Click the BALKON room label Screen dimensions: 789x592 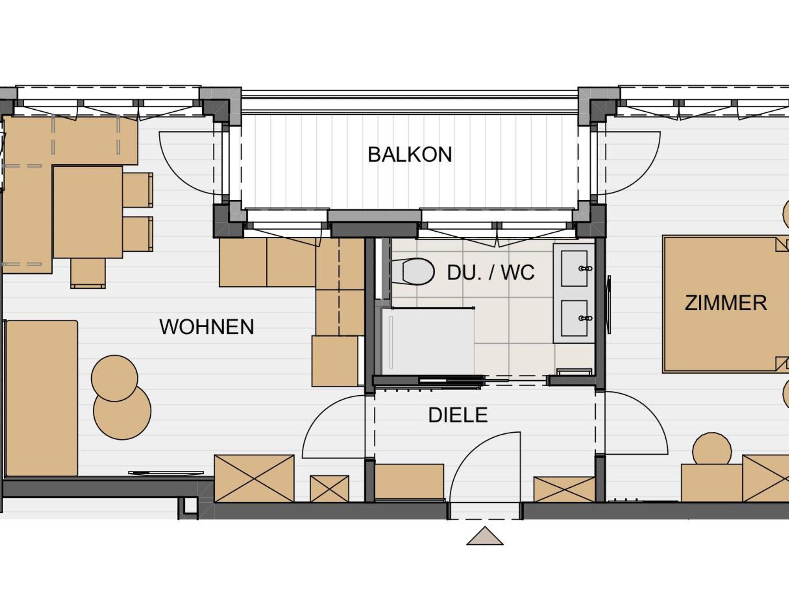click(x=410, y=155)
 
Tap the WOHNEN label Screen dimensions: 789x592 click(x=207, y=327)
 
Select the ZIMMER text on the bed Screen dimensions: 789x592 click(x=726, y=303)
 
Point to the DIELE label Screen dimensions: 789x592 click(x=458, y=415)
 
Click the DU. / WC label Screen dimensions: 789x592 click(x=491, y=273)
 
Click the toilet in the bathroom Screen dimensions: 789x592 click(x=413, y=271)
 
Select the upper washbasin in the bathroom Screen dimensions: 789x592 click(x=574, y=268)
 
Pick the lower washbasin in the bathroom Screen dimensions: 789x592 click(x=574, y=318)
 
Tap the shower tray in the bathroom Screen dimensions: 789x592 click(x=428, y=342)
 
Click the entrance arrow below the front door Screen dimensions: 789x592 click(x=485, y=536)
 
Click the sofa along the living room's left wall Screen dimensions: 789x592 click(x=42, y=398)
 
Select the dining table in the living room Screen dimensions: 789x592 click(x=88, y=212)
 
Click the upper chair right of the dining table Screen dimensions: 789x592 click(x=138, y=190)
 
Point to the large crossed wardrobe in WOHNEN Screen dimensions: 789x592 click(x=254, y=478)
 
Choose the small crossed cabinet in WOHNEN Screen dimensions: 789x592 click(x=330, y=488)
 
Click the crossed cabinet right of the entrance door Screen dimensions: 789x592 click(x=564, y=489)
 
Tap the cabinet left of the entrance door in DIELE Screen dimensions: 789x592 click(x=409, y=482)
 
